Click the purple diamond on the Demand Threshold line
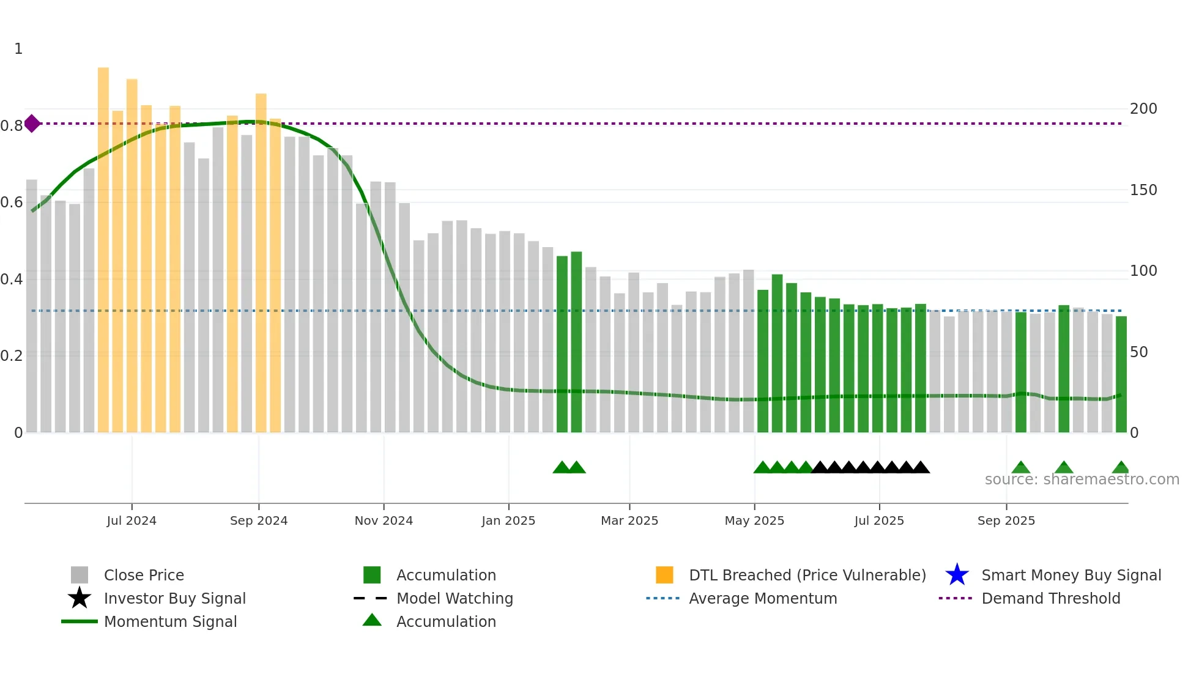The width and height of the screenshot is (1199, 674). [x=32, y=124]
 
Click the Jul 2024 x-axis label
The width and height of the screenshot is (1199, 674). [x=132, y=520]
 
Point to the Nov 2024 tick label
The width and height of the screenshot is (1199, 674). [x=384, y=520]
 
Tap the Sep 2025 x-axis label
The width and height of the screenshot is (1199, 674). [x=1006, y=520]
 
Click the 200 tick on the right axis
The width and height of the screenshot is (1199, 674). [x=1143, y=109]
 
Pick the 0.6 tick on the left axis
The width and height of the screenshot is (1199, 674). [x=12, y=202]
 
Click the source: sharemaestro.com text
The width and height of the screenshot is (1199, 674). [x=1082, y=480]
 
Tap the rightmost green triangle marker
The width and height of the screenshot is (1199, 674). [x=1121, y=468]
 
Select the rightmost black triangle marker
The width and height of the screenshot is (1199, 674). [x=921, y=468]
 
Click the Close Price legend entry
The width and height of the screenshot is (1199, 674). [x=144, y=575]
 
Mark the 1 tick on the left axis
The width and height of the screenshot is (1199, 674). [x=18, y=49]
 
